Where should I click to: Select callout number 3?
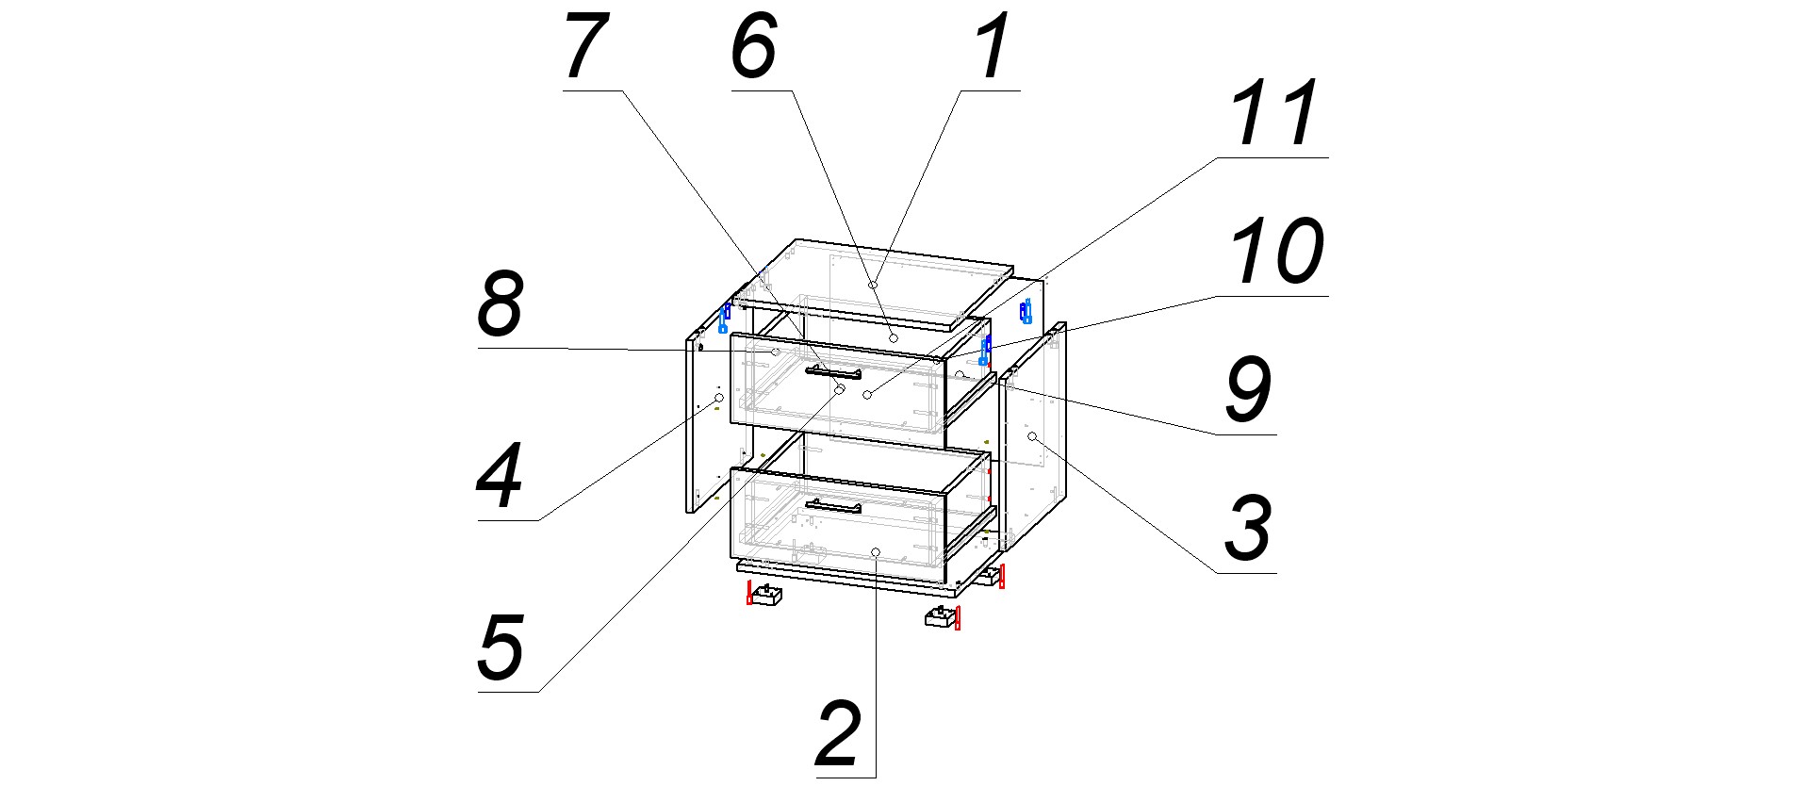click(x=1248, y=528)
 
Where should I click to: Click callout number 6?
click(x=754, y=47)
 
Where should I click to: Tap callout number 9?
click(x=1248, y=390)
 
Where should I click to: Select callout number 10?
click(x=1276, y=252)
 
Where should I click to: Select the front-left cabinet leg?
click(x=763, y=595)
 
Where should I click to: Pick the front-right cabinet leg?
click(x=942, y=618)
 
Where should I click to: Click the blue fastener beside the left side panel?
click(x=724, y=318)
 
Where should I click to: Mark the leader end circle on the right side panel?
click(x=1032, y=436)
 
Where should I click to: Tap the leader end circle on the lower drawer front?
click(x=876, y=551)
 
